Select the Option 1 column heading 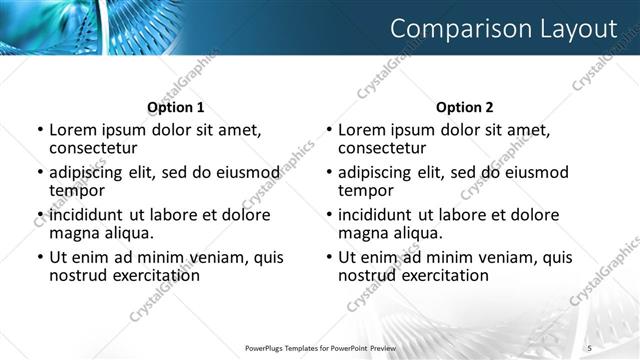(176, 107)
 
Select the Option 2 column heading (465, 107)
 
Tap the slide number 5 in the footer (590, 347)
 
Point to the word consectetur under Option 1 (94, 147)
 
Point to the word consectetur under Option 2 (383, 147)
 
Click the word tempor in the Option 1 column (77, 189)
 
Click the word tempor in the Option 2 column (366, 189)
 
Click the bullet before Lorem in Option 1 (40, 130)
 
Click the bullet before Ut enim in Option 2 (329, 257)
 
